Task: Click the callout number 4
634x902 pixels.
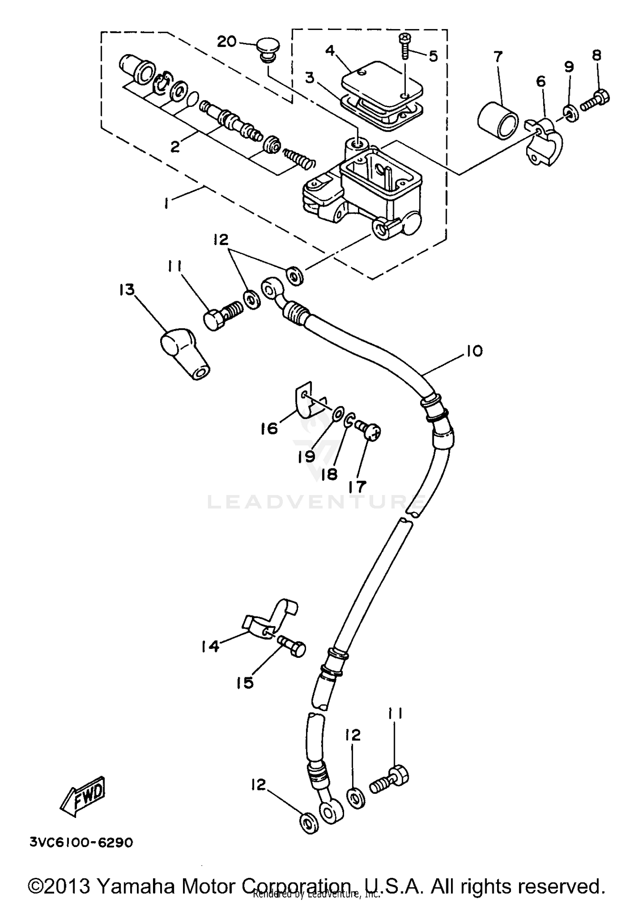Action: [330, 51]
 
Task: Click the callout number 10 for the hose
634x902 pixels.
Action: [475, 351]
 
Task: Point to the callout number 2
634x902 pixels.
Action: [175, 147]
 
